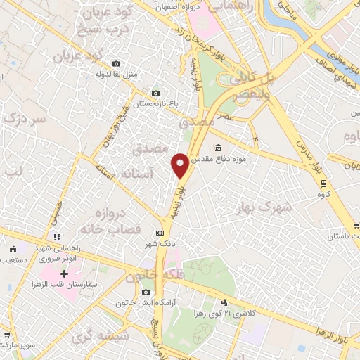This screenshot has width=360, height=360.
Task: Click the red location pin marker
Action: [x=180, y=166]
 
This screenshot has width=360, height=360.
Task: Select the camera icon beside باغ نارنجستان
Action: [x=155, y=93]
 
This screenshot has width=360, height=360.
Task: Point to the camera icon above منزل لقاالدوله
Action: [x=115, y=63]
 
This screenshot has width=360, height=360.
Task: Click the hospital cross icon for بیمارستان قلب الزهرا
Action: [x=65, y=273]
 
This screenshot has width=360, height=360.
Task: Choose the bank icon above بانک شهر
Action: [x=160, y=233]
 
